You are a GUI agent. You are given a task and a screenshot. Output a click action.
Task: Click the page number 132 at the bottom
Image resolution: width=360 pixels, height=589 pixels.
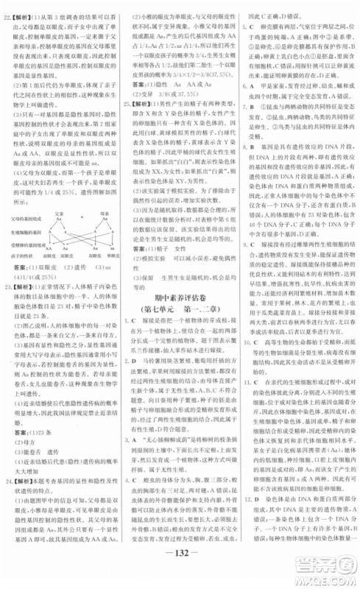click(180, 574)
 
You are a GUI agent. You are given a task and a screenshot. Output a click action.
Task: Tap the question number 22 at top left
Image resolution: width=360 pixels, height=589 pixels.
click(9, 9)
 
